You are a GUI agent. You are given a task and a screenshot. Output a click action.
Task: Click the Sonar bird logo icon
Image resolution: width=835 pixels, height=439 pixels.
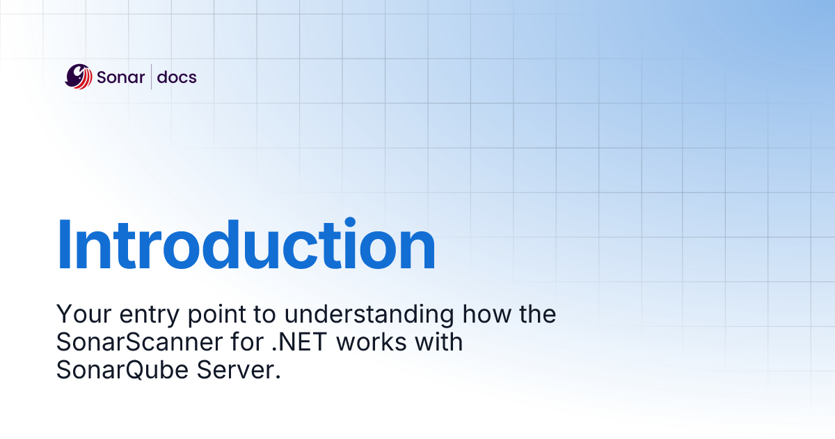click(79, 77)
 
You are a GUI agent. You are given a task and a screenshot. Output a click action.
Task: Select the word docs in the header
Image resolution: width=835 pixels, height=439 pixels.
click(177, 77)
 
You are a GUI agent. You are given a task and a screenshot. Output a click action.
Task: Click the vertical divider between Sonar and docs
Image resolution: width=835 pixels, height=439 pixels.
click(151, 77)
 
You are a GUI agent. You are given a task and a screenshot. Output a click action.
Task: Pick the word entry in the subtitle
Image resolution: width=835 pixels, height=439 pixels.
click(137, 316)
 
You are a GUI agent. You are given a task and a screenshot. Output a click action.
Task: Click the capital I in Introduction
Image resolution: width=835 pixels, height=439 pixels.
click(65, 245)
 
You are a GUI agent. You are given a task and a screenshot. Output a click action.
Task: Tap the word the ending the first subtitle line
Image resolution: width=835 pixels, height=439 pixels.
click(536, 314)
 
